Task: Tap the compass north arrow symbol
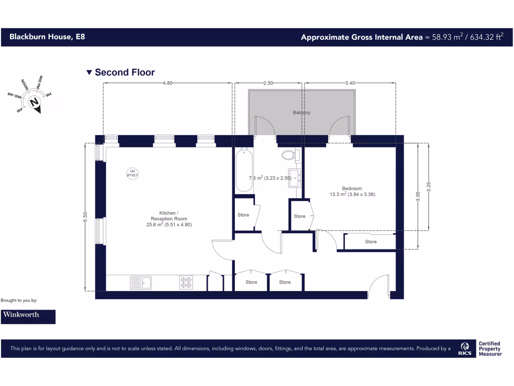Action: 35,102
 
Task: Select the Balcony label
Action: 302,113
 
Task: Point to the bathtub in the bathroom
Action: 244,170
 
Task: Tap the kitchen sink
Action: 141,283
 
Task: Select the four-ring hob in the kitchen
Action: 186,283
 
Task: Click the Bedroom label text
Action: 352,188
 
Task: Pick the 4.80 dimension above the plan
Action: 167,83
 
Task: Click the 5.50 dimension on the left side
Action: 85,217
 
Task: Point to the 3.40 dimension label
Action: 350,83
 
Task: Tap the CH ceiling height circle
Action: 133,173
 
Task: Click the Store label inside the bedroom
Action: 370,242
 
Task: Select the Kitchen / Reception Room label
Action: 169,219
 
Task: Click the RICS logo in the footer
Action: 464,349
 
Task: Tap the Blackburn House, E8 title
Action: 44,37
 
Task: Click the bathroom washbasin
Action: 295,178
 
